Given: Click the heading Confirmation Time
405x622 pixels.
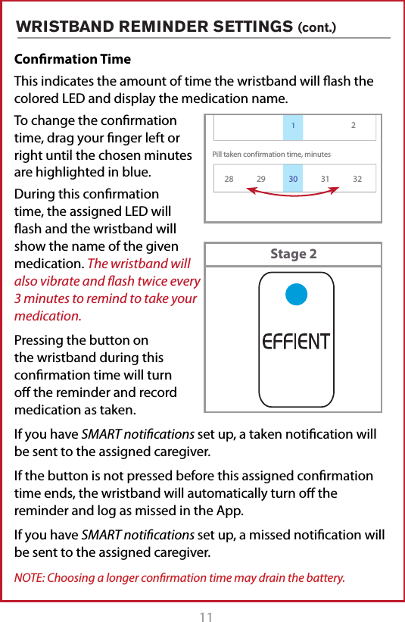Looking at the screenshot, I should pos(73,59).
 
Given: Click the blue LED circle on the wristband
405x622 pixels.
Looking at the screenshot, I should pos(296,292).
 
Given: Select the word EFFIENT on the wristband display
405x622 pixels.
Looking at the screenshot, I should pos(295,342).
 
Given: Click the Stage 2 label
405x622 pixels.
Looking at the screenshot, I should pos(293,254).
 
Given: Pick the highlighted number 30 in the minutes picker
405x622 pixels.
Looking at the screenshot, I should pos(293,179).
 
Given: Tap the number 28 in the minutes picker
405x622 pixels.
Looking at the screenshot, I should pos(229,179).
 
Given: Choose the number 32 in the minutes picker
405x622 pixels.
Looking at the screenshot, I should pos(357,179).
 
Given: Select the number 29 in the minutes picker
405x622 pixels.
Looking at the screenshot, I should pos(261,179).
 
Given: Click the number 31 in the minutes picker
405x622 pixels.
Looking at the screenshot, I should pos(326,179).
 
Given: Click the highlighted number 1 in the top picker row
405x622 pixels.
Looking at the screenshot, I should pos(293,125).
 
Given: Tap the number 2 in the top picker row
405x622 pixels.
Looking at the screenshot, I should pos(353,125).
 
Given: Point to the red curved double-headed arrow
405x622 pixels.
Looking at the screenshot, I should pos(293,195).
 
